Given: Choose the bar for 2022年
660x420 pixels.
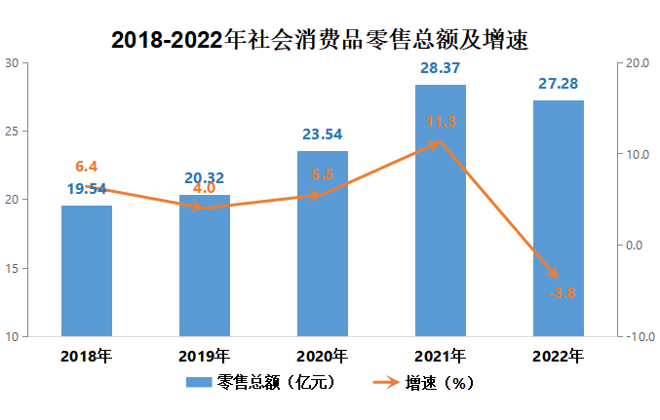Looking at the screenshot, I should point(558,218).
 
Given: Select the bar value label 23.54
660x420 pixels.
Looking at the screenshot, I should point(322,134).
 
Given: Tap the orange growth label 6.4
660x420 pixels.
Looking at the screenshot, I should point(87,167).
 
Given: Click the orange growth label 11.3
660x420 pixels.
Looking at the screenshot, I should point(440,122).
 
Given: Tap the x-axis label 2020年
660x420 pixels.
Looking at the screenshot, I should point(322,356).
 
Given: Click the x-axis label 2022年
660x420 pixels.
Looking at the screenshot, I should point(558,356).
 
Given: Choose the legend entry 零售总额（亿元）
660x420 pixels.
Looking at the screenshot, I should point(261,383).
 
